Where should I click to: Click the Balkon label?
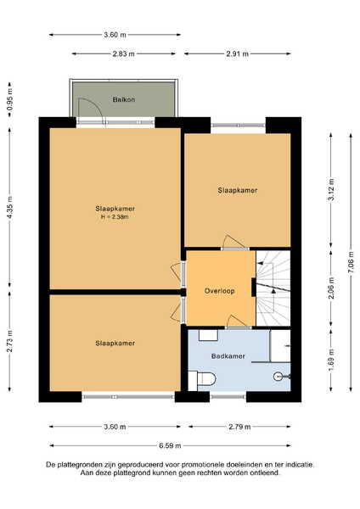click(x=124, y=99)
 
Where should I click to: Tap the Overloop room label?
click(x=219, y=291)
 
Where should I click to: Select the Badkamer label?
click(x=228, y=356)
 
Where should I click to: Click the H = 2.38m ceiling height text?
click(x=115, y=217)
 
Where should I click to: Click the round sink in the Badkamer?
click(x=278, y=376)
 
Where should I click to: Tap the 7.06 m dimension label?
click(x=351, y=262)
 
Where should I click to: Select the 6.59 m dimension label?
click(x=170, y=445)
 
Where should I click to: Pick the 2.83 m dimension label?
click(x=123, y=54)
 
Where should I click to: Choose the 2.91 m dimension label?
click(x=238, y=54)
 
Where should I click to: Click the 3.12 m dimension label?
click(x=331, y=189)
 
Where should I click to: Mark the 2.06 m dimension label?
click(x=331, y=288)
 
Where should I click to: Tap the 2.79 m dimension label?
click(x=239, y=427)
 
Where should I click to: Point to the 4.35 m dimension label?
click(x=9, y=208)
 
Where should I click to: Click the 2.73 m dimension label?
click(x=9, y=341)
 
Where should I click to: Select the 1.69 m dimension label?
click(x=331, y=361)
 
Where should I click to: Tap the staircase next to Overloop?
click(x=273, y=288)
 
